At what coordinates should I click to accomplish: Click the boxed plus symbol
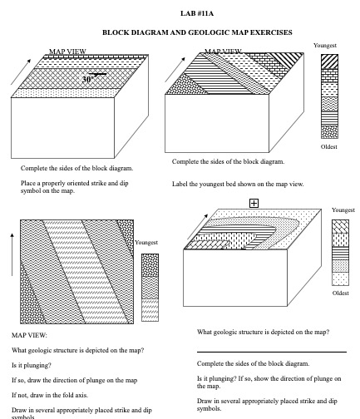(x=254, y=203)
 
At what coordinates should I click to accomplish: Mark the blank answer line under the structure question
(x=271, y=352)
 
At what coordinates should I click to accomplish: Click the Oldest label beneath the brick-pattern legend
(x=329, y=147)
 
